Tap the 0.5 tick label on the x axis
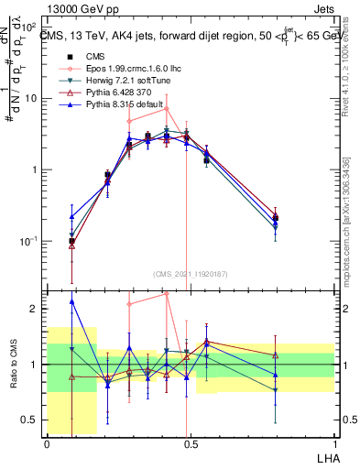pyautogui.click(x=190, y=444)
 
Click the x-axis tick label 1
pyautogui.click(x=333, y=444)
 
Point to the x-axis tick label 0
pyautogui.click(x=47, y=444)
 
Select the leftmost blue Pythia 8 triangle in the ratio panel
pyautogui.click(x=72, y=301)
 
